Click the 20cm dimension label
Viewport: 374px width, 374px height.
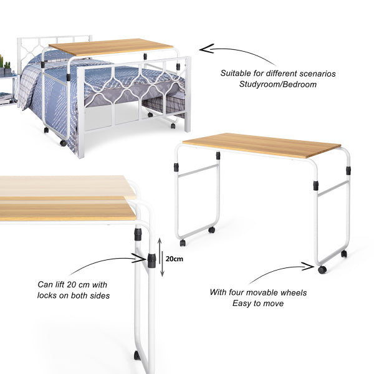click(x=175, y=259)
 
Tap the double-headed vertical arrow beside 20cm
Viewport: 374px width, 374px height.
click(x=161, y=257)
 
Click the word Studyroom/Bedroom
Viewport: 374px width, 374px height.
click(x=278, y=84)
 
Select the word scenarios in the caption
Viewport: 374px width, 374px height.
click(x=318, y=74)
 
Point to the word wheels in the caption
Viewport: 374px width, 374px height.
click(x=294, y=292)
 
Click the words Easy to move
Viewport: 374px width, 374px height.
click(x=258, y=304)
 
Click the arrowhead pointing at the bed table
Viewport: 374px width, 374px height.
click(x=206, y=49)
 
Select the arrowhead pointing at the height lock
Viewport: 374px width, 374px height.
click(x=139, y=258)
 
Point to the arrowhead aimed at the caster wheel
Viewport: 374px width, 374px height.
click(x=308, y=266)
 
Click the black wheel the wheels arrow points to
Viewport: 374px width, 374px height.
click(x=322, y=270)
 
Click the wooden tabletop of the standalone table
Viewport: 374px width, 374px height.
click(x=262, y=145)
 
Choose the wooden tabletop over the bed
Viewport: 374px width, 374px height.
click(x=111, y=47)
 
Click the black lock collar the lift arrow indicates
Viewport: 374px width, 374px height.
click(x=151, y=261)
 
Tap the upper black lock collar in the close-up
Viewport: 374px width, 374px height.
click(x=138, y=234)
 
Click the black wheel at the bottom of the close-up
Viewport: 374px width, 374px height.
click(x=137, y=355)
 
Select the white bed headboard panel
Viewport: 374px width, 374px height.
click(x=55, y=48)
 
